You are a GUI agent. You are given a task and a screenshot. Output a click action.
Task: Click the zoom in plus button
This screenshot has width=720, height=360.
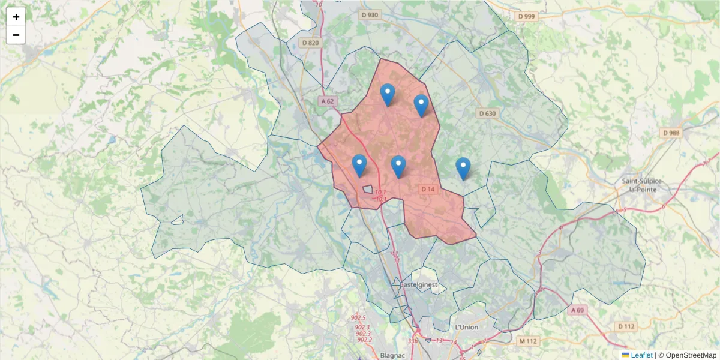click(x=16, y=17)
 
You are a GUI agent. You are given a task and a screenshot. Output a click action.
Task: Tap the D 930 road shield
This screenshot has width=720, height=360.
click(x=370, y=14)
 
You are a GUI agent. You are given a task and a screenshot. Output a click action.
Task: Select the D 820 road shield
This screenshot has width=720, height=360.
click(x=311, y=43)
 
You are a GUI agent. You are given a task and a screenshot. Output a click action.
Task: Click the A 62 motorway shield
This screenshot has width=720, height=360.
click(x=327, y=101)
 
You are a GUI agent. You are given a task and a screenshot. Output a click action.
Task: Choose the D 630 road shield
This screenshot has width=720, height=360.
click(x=487, y=113)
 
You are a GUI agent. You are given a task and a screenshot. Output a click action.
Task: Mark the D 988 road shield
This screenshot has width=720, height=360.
click(x=671, y=133)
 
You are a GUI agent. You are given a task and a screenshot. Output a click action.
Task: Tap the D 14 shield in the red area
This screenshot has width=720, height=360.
click(x=427, y=190)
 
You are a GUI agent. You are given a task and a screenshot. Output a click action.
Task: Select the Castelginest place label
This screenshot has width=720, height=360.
click(x=419, y=284)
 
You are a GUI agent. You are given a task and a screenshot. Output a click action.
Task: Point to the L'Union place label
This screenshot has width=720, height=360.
click(x=466, y=327)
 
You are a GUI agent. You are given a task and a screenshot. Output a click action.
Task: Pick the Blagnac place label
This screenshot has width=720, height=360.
click(x=393, y=355)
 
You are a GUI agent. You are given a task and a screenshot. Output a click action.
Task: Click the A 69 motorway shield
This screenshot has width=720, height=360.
click(x=577, y=310)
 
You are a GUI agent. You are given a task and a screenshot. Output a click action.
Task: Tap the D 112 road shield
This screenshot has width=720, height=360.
click(x=626, y=326)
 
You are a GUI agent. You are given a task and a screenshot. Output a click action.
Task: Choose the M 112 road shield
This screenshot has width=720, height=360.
click(x=527, y=341)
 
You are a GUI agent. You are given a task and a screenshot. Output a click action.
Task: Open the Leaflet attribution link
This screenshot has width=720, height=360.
click(x=641, y=355)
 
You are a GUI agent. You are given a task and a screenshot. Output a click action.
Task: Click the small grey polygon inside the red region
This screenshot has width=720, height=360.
click(x=368, y=189)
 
